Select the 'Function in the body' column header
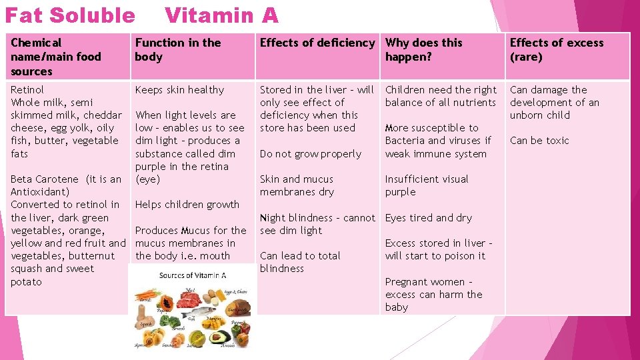click(x=177, y=49)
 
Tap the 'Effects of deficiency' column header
click(x=317, y=43)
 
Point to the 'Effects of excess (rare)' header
click(x=556, y=49)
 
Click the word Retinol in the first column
click(x=27, y=89)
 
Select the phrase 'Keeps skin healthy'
click(x=179, y=89)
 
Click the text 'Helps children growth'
click(x=187, y=205)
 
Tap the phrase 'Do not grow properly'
click(x=310, y=153)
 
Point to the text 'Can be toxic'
click(x=539, y=141)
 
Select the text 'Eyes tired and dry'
click(x=428, y=217)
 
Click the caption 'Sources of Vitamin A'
click(x=193, y=275)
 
